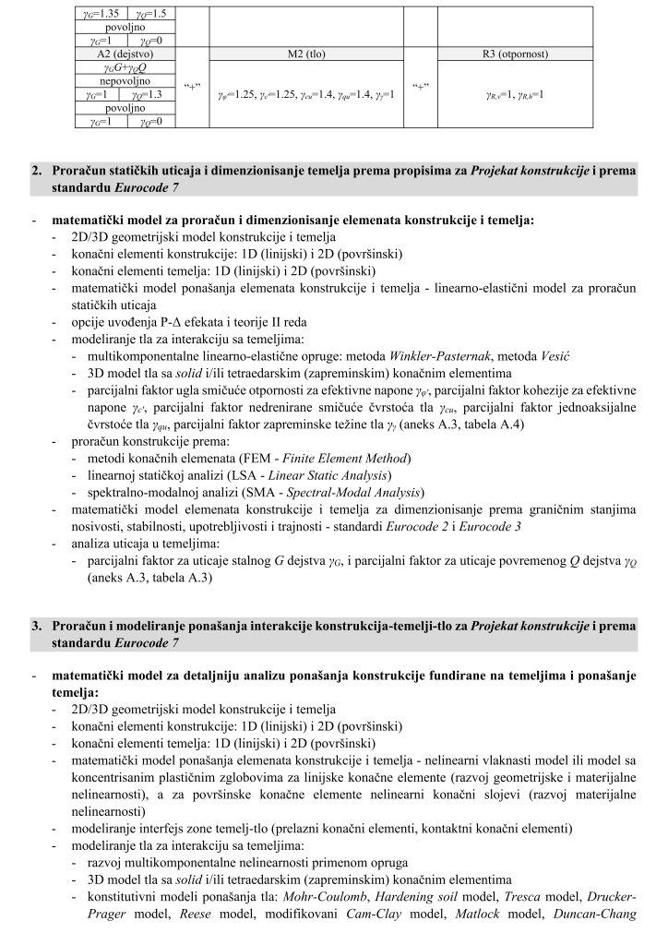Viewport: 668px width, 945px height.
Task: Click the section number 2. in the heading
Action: point(38,172)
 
